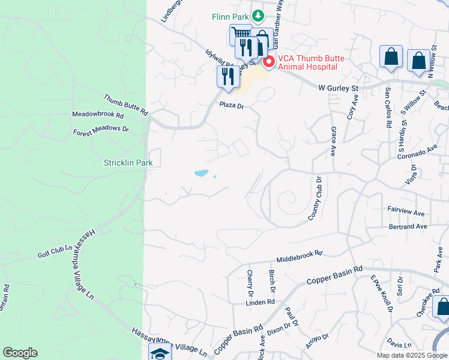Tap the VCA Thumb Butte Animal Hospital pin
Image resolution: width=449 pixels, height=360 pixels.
click(268, 61)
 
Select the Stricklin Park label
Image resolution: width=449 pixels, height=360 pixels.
click(128, 163)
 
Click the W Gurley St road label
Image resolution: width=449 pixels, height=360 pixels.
click(338, 88)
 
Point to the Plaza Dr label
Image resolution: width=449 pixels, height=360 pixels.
click(232, 106)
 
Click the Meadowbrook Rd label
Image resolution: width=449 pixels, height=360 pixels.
click(98, 114)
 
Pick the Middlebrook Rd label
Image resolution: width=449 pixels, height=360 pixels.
click(300, 256)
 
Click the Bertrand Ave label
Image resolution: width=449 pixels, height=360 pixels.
click(408, 227)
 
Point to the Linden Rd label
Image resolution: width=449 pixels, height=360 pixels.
click(259, 303)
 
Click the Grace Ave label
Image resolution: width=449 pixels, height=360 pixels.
click(333, 141)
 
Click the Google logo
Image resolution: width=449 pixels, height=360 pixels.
click(20, 353)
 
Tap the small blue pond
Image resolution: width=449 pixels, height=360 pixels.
click(201, 173)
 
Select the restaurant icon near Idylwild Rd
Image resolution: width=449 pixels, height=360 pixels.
click(227, 77)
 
